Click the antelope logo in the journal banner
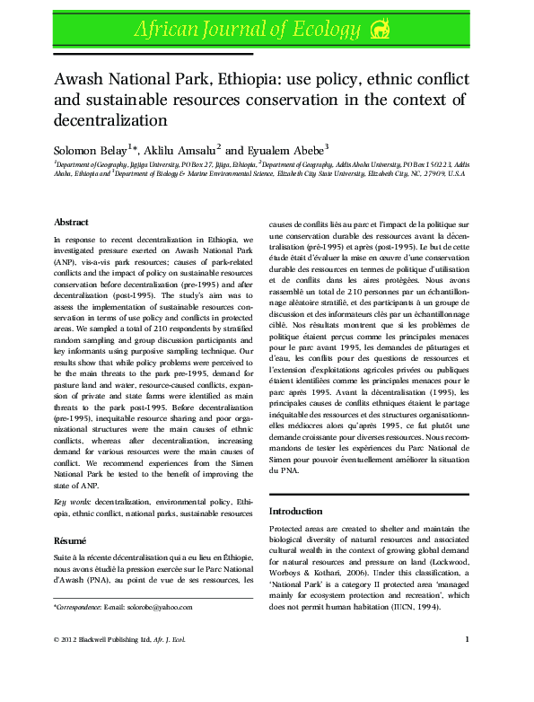pyautogui.click(x=381, y=31)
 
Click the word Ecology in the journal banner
pyautogui.click(x=320, y=31)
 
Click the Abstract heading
pyautogui.click(x=71, y=222)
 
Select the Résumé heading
pyautogui.click(x=70, y=541)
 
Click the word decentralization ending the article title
pyautogui.click(x=111, y=119)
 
